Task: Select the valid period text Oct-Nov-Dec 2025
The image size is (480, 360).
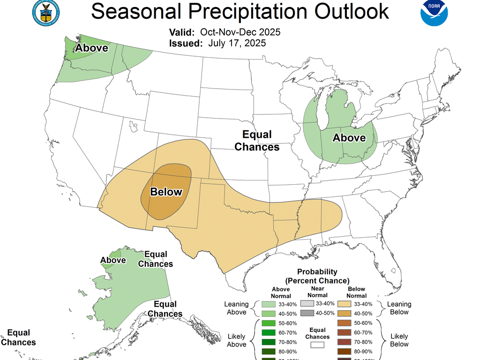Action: [x=240, y=32]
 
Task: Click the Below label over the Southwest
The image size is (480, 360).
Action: [x=166, y=192]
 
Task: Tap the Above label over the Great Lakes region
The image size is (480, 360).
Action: [x=349, y=137]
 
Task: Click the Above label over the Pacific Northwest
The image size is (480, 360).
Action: [x=92, y=48]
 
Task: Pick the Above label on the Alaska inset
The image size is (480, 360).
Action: [x=113, y=260]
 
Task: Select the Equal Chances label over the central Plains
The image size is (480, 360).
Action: [x=257, y=141]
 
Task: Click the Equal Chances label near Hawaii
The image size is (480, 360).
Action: [x=18, y=337]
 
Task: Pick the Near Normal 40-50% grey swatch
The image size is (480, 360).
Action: [x=307, y=313]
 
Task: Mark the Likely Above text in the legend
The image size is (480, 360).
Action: [x=237, y=340]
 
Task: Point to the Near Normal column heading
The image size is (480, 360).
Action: [x=317, y=292]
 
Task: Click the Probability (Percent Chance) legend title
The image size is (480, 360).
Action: [x=317, y=276]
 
